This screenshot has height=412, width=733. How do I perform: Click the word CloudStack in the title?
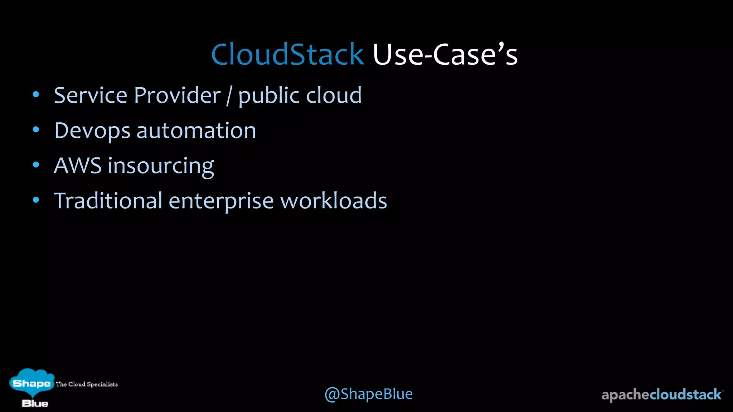pos(287,54)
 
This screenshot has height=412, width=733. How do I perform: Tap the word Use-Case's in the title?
pos(445,54)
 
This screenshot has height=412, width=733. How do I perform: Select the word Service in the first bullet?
pos(91,95)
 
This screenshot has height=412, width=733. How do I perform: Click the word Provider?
pos(178,95)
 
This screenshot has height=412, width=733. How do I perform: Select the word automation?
pos(196,131)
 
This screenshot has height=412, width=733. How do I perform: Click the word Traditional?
pos(108,201)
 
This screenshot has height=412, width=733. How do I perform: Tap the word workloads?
pos(334,201)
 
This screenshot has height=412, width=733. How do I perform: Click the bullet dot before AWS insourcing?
pos(36,165)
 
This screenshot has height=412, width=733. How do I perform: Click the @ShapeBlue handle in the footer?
pos(369,394)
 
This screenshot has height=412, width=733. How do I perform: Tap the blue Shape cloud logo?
pos(31,383)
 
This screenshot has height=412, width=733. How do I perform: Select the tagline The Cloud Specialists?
pos(87,384)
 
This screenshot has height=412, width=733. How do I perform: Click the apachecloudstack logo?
pos(661,395)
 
